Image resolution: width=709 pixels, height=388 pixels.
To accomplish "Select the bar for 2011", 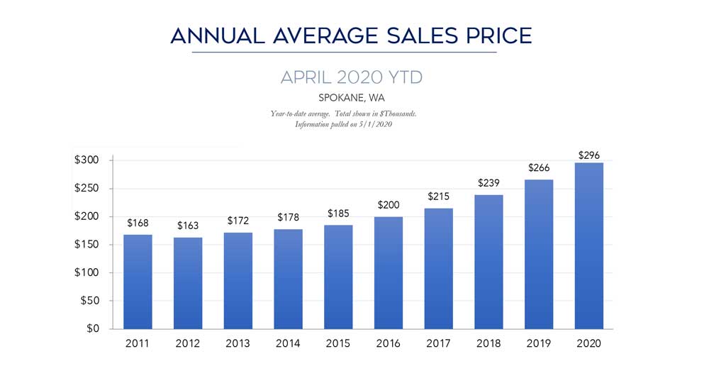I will point(138,282).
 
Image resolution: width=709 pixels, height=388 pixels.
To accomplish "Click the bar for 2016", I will point(388,272).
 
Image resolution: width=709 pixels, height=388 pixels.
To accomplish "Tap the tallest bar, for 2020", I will point(588,245).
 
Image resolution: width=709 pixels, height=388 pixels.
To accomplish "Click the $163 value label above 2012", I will point(187,226).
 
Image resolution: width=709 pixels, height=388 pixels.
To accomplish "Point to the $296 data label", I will point(588,155).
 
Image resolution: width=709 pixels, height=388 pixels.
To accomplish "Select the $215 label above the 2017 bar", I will point(438,196).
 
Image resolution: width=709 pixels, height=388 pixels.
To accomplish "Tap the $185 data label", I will point(338,213).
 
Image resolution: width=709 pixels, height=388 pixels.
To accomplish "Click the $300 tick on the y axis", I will point(88,160).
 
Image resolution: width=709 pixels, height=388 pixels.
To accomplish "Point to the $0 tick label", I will point(94,328).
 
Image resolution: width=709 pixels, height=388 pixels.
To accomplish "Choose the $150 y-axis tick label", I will point(88,245).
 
